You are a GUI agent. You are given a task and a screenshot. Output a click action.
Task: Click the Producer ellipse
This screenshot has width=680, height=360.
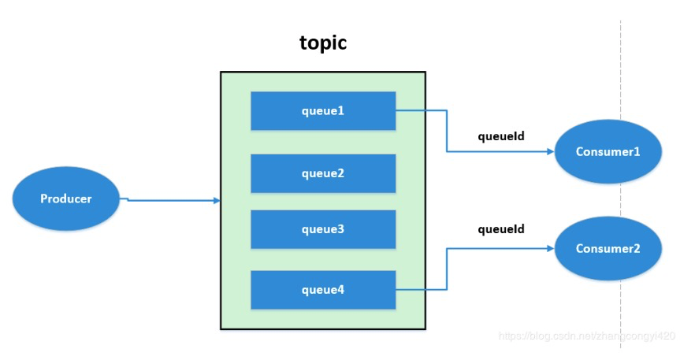65,199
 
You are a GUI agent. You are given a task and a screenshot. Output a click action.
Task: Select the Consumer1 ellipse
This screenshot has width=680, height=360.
608,152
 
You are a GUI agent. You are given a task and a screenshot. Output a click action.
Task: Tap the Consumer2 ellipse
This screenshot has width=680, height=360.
608,248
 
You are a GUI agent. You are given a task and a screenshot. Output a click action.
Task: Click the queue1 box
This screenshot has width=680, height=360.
323,111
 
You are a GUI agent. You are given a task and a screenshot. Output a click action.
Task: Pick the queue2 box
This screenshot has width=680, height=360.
323,173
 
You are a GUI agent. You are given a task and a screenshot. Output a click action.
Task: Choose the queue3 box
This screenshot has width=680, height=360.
323,229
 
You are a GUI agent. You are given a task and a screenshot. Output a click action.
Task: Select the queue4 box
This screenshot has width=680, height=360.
323,290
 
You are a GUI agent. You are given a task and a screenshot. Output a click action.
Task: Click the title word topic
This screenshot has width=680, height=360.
323,43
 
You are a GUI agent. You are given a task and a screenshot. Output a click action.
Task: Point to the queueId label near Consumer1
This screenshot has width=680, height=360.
501,136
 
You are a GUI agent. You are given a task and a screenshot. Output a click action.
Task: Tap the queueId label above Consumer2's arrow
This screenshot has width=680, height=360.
501,229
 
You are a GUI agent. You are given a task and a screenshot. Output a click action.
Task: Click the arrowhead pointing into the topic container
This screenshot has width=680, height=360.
216,201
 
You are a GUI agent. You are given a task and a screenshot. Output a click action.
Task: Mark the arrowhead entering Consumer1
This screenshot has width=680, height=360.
551,152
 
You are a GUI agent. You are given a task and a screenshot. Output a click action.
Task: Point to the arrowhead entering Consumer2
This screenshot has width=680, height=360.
551,248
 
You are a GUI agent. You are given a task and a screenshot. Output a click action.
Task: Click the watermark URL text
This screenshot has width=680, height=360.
587,336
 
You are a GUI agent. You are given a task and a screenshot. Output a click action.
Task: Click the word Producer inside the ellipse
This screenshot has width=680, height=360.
66,199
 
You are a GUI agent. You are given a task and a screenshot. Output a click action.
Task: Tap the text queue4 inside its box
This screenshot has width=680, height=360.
323,290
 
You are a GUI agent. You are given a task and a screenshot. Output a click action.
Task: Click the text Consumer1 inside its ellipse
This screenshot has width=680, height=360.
608,152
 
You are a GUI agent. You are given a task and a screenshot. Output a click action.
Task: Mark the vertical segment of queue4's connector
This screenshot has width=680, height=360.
447,269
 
